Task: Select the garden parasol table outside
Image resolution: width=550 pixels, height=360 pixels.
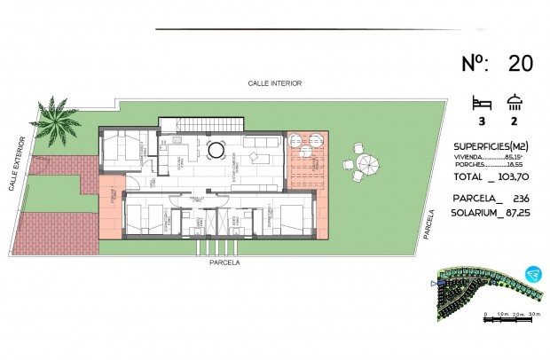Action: click(366, 163)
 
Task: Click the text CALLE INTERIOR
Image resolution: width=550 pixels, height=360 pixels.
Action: click(275, 83)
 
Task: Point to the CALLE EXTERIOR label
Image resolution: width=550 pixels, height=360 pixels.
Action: click(18, 163)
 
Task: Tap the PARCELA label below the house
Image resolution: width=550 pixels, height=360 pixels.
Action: click(224, 262)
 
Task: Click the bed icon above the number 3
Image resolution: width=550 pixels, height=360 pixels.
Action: click(482, 101)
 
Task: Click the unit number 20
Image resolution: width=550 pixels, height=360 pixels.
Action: click(521, 63)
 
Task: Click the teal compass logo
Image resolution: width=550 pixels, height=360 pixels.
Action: click(531, 274)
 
